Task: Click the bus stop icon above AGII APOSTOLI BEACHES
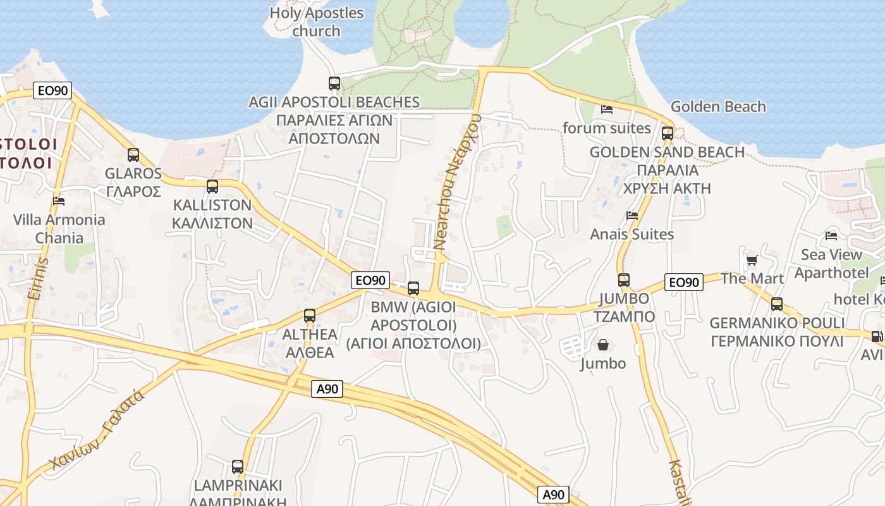[x=334, y=83]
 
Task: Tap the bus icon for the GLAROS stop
[x=133, y=155]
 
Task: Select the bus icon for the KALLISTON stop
[x=212, y=187]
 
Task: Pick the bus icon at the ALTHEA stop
[x=310, y=316]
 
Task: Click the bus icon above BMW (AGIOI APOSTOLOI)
[x=413, y=288]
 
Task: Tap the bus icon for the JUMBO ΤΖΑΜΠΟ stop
[x=624, y=280]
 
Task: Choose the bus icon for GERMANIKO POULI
[x=777, y=304]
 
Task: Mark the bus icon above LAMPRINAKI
[x=238, y=467]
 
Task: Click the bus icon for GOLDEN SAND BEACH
[x=668, y=133]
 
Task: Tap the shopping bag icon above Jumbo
[x=603, y=345]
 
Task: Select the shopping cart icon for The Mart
[x=752, y=260]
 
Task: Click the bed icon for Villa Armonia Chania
[x=59, y=201]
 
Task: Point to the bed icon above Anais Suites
[x=632, y=216]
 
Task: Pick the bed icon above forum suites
[x=607, y=109]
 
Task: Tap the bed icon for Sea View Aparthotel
[x=831, y=236]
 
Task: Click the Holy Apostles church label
[x=317, y=22]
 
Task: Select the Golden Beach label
[x=718, y=106]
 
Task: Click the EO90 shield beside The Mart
[x=684, y=282]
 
